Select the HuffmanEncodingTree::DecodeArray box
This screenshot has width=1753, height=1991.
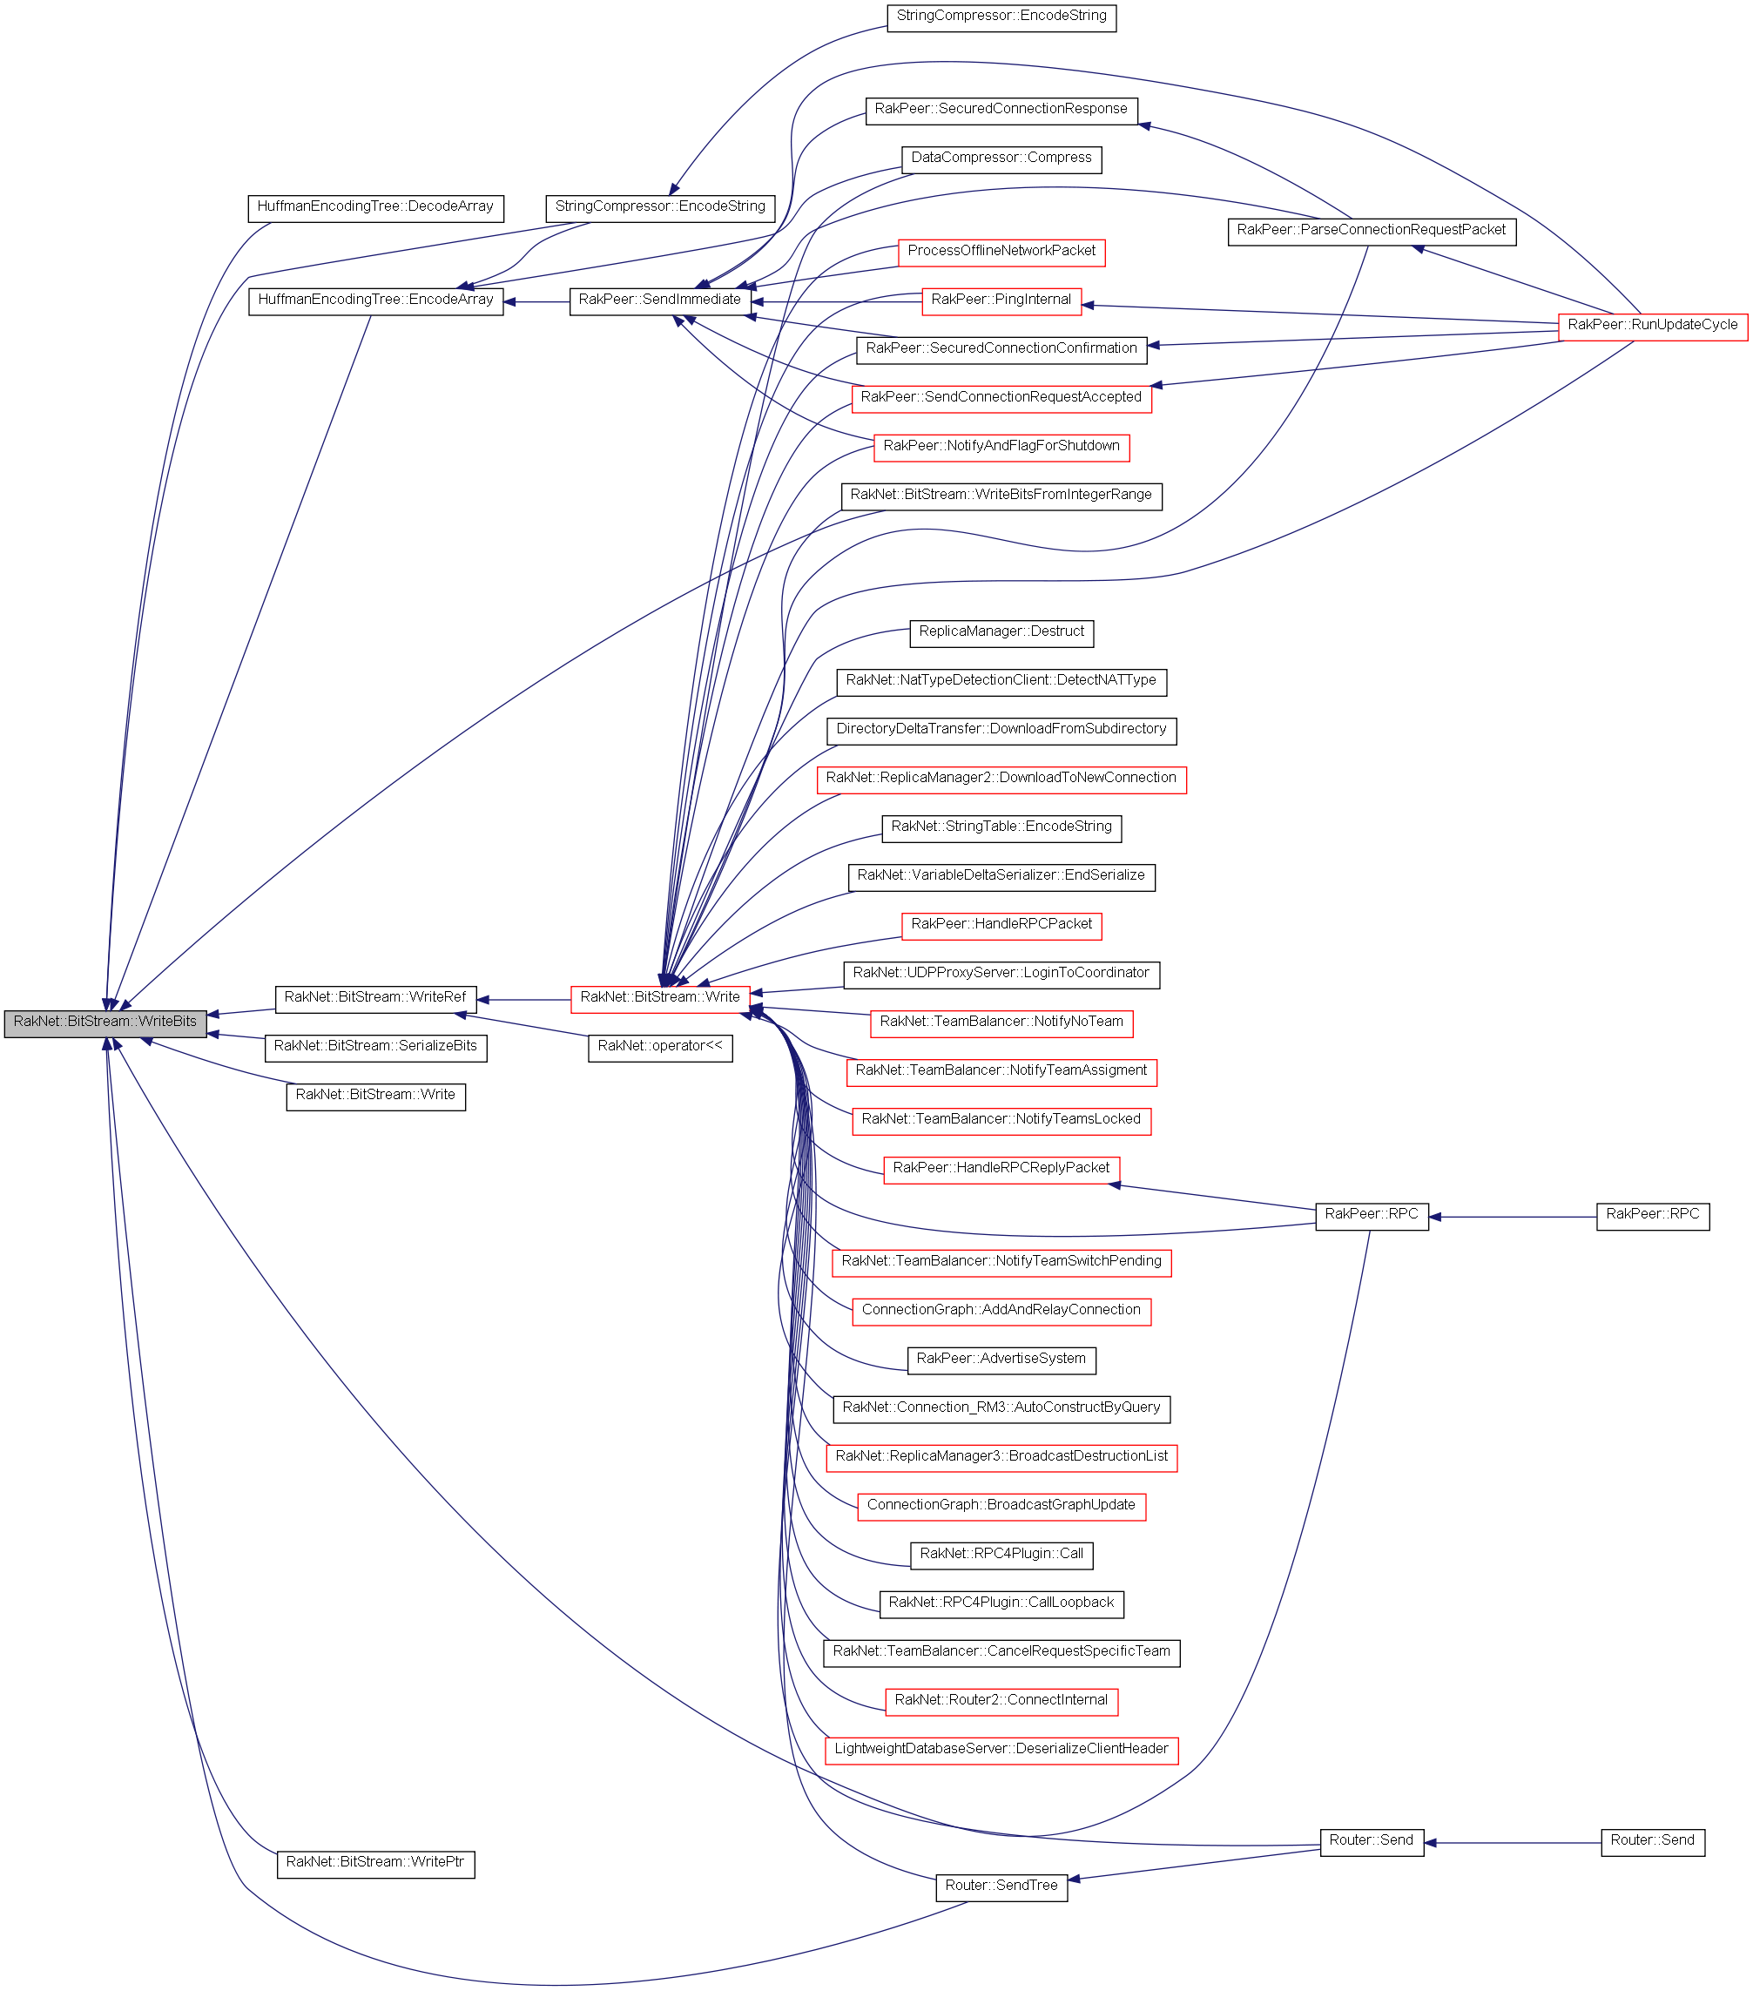pos(375,207)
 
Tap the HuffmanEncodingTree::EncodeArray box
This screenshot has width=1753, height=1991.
pos(375,301)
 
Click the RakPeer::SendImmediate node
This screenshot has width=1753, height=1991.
pos(659,301)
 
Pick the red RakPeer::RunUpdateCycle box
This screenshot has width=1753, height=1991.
pos(1652,327)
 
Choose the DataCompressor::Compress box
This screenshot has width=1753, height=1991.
pos(1001,159)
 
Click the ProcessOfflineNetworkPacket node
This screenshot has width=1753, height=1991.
pos(1001,253)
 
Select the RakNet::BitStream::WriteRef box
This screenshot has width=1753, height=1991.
pos(375,999)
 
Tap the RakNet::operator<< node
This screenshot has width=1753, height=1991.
pos(659,1048)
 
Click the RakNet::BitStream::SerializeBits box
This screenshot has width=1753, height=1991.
pos(375,1048)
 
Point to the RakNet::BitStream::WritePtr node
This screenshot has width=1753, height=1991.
pos(375,1865)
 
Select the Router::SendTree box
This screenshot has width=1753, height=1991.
pos(1001,1887)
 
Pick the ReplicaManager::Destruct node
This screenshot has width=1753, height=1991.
pos(1001,633)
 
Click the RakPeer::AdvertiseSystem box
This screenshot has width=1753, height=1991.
pos(1001,1360)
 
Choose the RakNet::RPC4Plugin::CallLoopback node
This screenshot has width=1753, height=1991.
pos(1001,1604)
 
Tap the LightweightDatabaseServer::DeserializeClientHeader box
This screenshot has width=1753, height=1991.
pos(1001,1751)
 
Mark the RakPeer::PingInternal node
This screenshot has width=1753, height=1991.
pos(1001,301)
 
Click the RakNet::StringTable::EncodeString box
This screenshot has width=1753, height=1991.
pos(1001,828)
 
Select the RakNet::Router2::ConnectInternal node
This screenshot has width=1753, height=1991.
pos(1001,1702)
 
